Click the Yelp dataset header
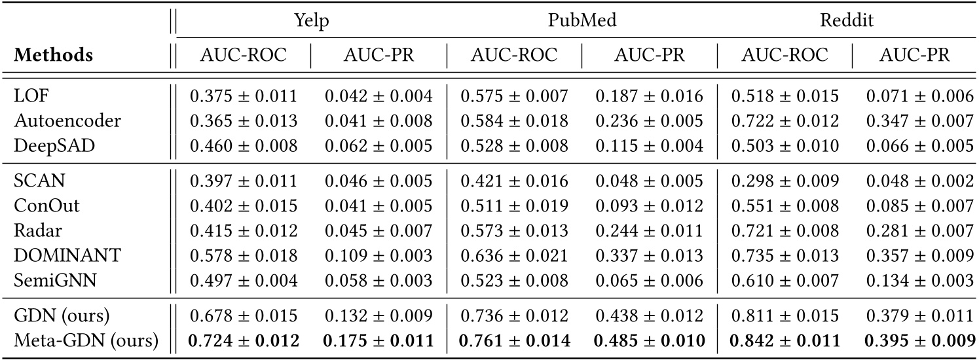point(310,20)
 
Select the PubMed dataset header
point(582,20)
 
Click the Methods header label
point(53,56)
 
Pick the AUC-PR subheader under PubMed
point(649,56)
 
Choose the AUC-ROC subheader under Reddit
point(785,56)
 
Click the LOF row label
point(28,96)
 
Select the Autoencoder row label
point(57,121)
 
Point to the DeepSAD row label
point(45,145)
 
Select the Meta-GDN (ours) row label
point(86,341)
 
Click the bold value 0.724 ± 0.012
point(244,341)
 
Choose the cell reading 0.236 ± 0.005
point(649,121)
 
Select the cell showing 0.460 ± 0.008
point(244,145)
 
